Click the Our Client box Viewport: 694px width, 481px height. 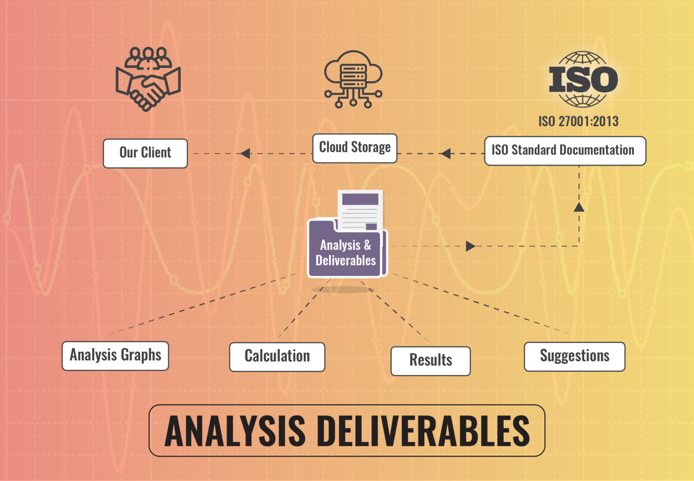click(x=145, y=153)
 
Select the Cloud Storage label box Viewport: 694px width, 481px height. click(x=355, y=148)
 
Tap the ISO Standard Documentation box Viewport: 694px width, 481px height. click(x=565, y=151)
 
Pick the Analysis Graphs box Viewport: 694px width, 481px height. click(x=115, y=356)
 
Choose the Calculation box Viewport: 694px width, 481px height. click(x=277, y=357)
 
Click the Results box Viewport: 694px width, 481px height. click(x=430, y=361)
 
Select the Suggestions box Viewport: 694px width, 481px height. click(x=574, y=356)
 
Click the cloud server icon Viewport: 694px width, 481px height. click(x=353, y=79)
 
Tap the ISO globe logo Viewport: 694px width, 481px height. click(x=583, y=79)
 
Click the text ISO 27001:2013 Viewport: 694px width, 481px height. click(x=578, y=121)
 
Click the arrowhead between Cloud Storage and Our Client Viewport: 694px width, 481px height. click(x=245, y=154)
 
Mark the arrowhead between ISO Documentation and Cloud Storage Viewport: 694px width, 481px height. click(x=445, y=154)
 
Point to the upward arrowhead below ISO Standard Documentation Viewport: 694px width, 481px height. click(x=579, y=207)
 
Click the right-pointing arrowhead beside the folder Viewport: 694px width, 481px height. click(x=470, y=246)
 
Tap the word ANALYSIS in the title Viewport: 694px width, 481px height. click(x=235, y=431)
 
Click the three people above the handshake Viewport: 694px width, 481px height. click(x=148, y=57)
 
